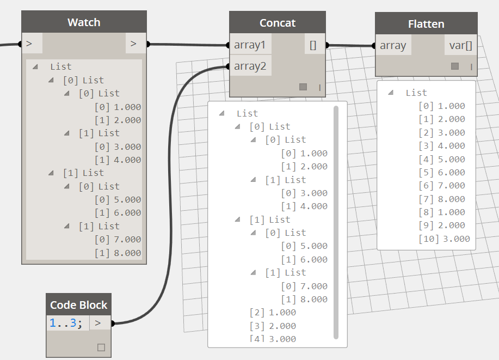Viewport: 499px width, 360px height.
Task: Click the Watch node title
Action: tap(84, 22)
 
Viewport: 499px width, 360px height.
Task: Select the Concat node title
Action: tap(278, 23)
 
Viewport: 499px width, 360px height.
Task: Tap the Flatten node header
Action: tap(426, 24)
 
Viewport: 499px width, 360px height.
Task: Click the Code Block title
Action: tap(79, 305)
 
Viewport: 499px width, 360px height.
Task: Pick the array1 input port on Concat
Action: tap(250, 45)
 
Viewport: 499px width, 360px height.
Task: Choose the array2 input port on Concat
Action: tap(250, 66)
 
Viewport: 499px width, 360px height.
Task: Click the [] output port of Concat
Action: tap(313, 45)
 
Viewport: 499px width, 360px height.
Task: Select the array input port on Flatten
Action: tap(393, 45)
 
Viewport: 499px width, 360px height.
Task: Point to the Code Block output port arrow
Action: tap(98, 323)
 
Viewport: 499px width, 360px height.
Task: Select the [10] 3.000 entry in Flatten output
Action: tap(444, 239)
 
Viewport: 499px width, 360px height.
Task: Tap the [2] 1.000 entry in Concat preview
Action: tap(273, 313)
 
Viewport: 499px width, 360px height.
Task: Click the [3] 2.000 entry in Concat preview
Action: tap(273, 326)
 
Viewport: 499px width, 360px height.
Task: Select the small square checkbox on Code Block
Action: tap(101, 347)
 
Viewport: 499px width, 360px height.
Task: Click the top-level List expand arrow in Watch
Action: tap(35, 66)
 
